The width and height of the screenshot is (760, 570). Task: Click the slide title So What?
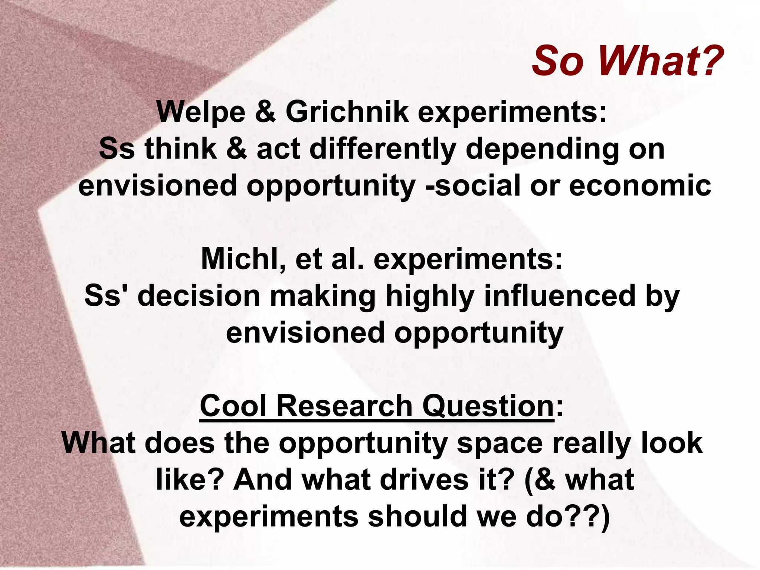click(627, 60)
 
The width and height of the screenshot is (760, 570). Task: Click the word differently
click(383, 149)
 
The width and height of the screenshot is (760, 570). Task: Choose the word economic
click(640, 186)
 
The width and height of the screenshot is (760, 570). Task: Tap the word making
click(322, 297)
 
